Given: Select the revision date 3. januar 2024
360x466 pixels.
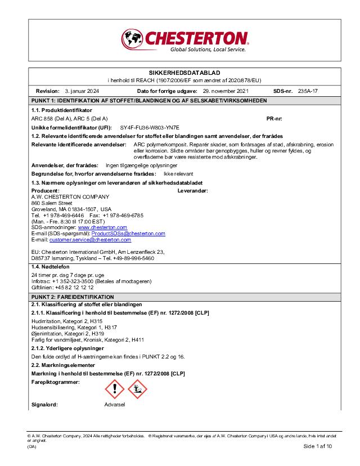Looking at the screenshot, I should click(x=82, y=91).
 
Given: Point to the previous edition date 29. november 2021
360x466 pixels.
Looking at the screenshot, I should click(x=226, y=91).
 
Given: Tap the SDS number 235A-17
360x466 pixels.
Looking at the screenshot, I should click(x=308, y=91).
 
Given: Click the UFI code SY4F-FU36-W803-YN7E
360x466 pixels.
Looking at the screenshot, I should click(x=150, y=128).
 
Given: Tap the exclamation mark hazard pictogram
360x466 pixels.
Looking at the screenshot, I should click(x=115, y=388).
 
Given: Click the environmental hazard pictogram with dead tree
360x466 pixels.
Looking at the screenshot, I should click(x=137, y=388).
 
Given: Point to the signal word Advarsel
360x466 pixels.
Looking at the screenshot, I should click(x=115, y=405).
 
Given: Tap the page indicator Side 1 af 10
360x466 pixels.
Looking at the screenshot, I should click(x=318, y=446).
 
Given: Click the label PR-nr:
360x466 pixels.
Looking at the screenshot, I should click(x=274, y=119).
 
